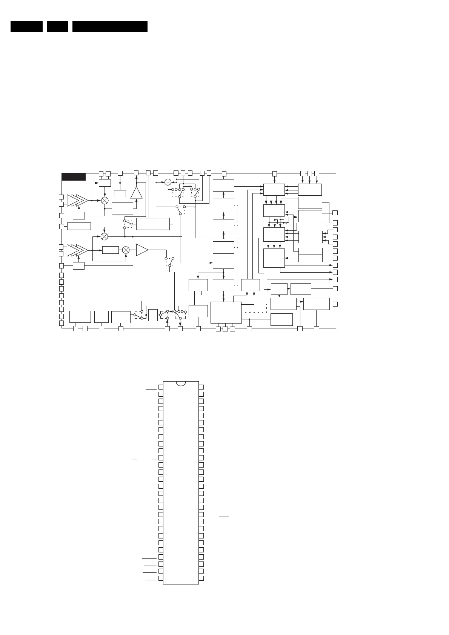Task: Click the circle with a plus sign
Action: [168, 182]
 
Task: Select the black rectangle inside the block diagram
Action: [74, 177]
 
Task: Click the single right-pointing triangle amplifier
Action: [142, 250]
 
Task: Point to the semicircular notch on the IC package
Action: [181, 383]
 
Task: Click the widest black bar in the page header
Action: [110, 26]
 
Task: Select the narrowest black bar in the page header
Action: [57, 26]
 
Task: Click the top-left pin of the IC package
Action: [161, 387]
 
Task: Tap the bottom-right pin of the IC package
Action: [201, 578]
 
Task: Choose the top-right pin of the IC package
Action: [201, 387]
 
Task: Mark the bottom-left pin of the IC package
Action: [161, 578]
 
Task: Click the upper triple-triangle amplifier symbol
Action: [77, 201]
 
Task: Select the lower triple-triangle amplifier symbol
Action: [77, 250]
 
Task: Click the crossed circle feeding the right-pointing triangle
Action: [126, 250]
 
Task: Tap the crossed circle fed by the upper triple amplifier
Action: [105, 201]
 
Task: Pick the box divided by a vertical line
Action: [153, 224]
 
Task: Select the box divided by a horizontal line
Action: [310, 255]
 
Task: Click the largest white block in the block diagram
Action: [226, 313]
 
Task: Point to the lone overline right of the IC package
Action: [224, 517]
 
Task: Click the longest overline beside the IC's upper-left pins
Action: [146, 403]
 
